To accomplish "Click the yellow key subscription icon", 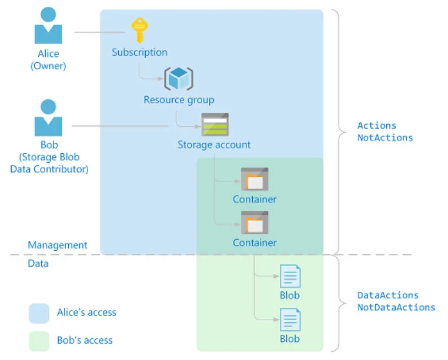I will [139, 29].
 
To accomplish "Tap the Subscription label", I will [139, 52].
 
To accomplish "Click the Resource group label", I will [179, 100].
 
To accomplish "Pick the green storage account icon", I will [215, 124].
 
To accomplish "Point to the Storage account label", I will [214, 144].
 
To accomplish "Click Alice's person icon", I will [48, 26].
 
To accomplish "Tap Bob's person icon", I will [48, 117].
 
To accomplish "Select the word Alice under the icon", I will [48, 54].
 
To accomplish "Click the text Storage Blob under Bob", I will [50, 157].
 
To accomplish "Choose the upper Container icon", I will [255, 179].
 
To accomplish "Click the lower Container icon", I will [255, 223].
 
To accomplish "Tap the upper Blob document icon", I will [290, 276].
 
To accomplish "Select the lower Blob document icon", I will [290, 319].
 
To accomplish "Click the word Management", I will [58, 245].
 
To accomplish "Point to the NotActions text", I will [385, 138].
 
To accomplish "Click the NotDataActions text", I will [396, 307].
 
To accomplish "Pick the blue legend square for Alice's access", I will [39, 313].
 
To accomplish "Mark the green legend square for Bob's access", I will [39, 341].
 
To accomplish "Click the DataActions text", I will [388, 295].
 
